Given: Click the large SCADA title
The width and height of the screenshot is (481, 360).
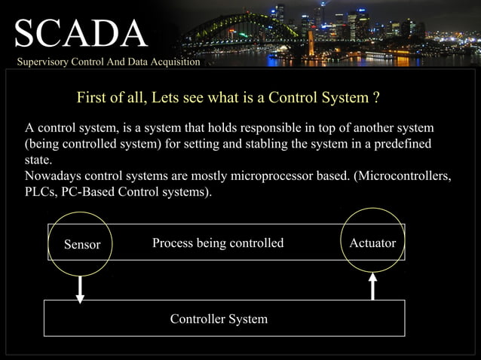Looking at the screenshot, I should pyautogui.click(x=80, y=33).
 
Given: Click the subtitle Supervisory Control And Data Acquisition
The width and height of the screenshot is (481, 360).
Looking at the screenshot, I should pyautogui.click(x=109, y=62).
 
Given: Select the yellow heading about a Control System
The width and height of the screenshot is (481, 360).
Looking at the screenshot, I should pyautogui.click(x=226, y=98).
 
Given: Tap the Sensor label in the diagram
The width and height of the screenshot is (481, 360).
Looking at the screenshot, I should pyautogui.click(x=82, y=244).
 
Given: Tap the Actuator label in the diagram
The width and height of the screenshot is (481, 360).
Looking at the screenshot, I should pyautogui.click(x=373, y=243).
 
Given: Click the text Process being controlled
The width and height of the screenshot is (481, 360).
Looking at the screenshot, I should pyautogui.click(x=218, y=243).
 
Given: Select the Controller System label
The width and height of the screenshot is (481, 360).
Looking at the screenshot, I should pyautogui.click(x=219, y=319).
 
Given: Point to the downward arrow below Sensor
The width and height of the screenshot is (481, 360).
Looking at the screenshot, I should pyautogui.click(x=80, y=287).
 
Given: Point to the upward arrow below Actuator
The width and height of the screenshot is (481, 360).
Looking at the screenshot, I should pyautogui.click(x=372, y=286).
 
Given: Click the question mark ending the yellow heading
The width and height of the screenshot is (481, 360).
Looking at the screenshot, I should pyautogui.click(x=375, y=98).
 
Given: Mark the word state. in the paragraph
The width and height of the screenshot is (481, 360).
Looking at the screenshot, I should pyautogui.click(x=38, y=160).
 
